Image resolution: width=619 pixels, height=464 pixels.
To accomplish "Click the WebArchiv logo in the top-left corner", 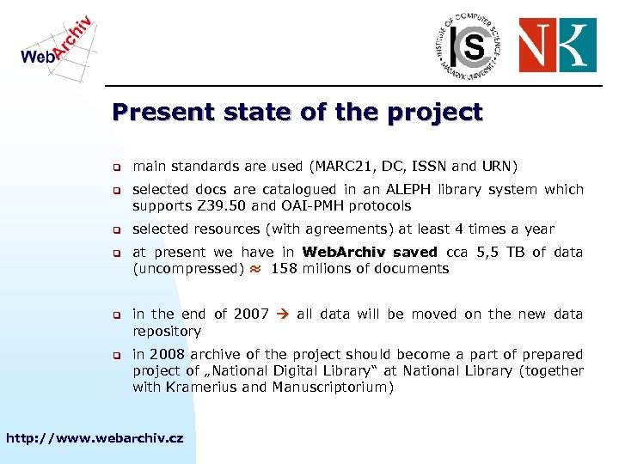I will click(x=56, y=42).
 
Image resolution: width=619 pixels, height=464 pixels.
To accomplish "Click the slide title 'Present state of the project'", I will click(x=297, y=113).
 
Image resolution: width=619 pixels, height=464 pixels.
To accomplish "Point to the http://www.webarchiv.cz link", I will click(x=95, y=438).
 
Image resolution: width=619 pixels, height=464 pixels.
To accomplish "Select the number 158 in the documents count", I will click(x=284, y=269).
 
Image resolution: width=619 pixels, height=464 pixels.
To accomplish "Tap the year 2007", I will click(x=251, y=314).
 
